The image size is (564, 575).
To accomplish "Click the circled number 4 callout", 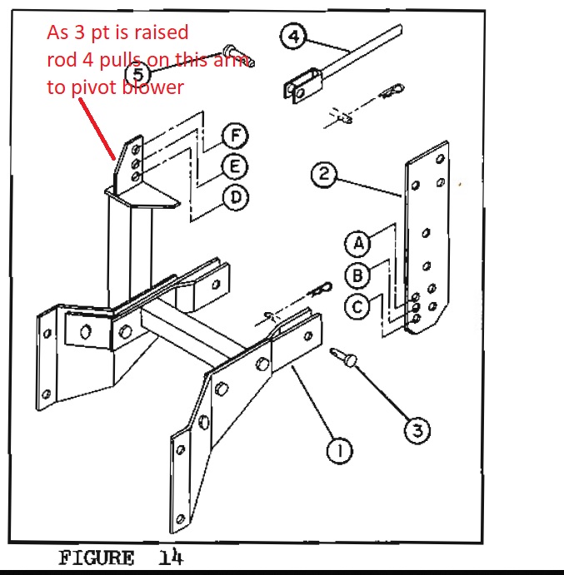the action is (293, 36).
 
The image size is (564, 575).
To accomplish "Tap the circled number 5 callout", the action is (138, 74).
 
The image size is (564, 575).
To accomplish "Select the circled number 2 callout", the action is (323, 174).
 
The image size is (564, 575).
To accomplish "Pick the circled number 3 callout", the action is (417, 430).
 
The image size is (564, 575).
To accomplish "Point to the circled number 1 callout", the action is (340, 450).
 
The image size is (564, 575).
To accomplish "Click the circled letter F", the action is (235, 136).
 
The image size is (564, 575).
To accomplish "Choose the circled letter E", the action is (235, 167).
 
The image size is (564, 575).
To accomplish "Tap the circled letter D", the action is (236, 198).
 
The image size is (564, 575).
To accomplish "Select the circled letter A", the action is (358, 243).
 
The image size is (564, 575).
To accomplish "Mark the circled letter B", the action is (358, 275).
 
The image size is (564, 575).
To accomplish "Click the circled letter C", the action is (357, 307).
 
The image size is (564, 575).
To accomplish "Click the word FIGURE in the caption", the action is (96, 558).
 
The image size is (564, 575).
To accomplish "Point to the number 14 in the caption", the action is (171, 557).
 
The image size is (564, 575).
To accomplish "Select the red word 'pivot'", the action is (95, 88).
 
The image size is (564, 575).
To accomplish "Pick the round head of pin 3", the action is (350, 360).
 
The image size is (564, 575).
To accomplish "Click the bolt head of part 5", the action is (229, 49).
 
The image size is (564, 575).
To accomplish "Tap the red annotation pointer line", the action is (97, 129).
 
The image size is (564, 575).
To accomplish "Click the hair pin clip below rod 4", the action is (392, 91).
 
